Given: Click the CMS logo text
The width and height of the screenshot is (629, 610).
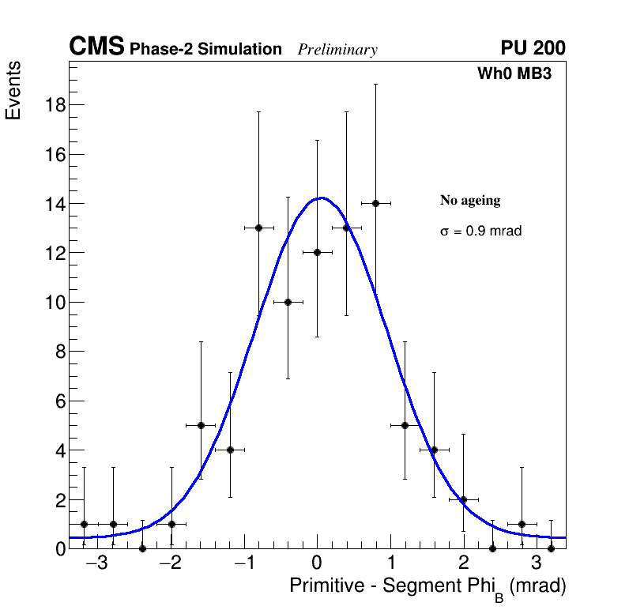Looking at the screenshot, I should [96, 47].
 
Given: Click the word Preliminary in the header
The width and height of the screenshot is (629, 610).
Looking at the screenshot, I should [337, 50].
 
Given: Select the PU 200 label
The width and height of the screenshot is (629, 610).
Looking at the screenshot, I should [533, 48].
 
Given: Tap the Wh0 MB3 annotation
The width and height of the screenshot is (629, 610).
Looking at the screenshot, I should [514, 74].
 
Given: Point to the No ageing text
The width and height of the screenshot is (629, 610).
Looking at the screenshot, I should [470, 201].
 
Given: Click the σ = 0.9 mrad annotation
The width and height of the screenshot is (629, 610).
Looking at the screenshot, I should [480, 232].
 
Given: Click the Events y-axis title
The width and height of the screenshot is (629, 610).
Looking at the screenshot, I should [13, 90].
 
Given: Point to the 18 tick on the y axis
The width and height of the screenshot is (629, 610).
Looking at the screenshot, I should [54, 105].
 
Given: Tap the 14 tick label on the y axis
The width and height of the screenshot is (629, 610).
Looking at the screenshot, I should [54, 204].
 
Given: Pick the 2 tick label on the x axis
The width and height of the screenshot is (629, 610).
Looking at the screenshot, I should [463, 564].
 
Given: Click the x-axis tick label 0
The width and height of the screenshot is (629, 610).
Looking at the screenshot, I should [316, 564].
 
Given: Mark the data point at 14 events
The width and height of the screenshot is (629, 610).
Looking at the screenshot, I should [375, 203].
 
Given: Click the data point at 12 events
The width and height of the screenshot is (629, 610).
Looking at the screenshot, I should [317, 253].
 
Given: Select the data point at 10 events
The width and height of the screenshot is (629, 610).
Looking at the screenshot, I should [288, 302].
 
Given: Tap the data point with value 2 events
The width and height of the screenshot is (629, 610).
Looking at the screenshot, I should [463, 499].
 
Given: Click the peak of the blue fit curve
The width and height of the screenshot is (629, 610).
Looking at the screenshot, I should [319, 198].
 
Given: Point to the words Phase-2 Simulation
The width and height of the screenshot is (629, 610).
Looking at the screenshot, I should [205, 50].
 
